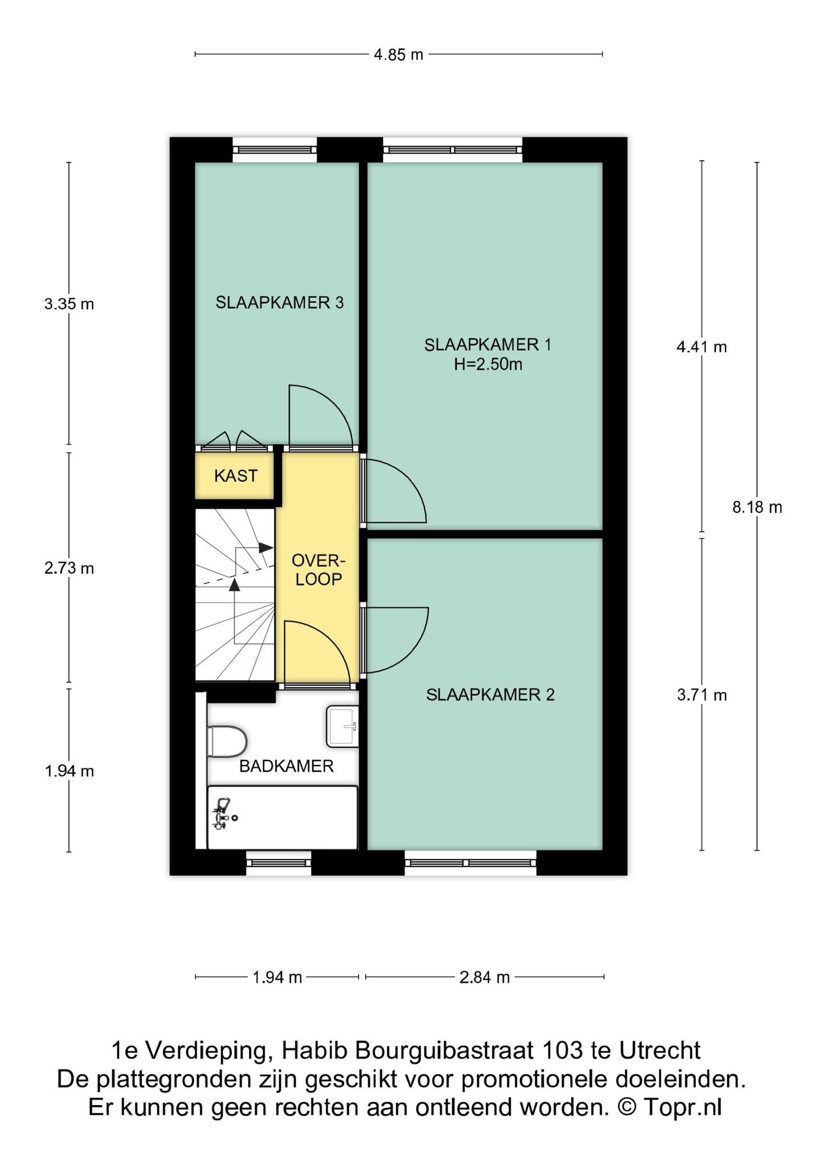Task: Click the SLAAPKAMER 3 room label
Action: [279, 303]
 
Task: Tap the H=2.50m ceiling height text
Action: [488, 364]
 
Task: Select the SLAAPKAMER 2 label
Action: [490, 695]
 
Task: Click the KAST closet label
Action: [236, 475]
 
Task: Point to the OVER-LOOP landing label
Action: [319, 569]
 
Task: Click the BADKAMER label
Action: [286, 766]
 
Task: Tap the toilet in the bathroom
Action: [227, 741]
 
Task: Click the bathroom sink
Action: [343, 727]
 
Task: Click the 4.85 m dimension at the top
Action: [398, 55]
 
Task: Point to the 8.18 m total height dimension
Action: [757, 507]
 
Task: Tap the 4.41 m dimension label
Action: [702, 346]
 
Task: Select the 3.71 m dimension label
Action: [702, 695]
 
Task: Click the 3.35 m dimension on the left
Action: [69, 304]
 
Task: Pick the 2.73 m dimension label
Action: [69, 569]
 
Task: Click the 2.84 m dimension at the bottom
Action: [485, 978]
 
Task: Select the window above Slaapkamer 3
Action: [275, 150]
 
